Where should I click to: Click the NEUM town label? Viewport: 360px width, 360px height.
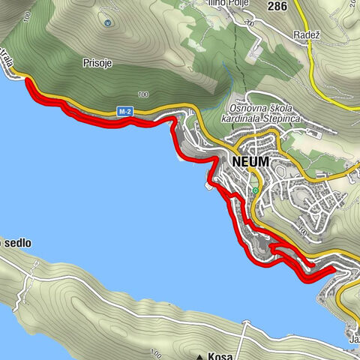pyautogui.click(x=250, y=161)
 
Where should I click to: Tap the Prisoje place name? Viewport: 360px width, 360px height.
pyautogui.click(x=97, y=64)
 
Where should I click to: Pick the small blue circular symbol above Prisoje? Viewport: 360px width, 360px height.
pyautogui.click(x=107, y=22)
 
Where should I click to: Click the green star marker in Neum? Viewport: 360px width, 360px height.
pyautogui.click(x=255, y=190)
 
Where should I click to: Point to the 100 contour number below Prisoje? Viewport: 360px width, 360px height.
pyautogui.click(x=143, y=94)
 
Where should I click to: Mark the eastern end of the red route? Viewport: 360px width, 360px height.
pyautogui.click(x=334, y=268)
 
